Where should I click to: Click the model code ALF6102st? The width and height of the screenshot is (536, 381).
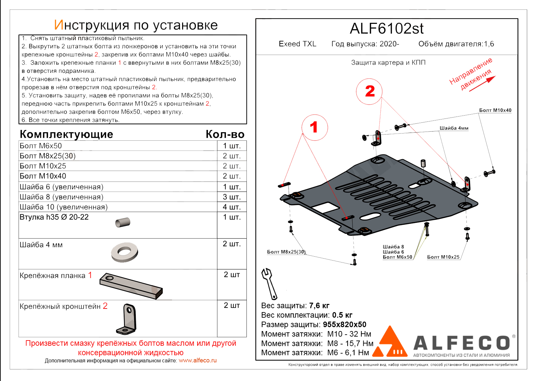click(x=386, y=29)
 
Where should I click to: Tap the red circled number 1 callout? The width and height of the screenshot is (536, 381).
click(x=314, y=127)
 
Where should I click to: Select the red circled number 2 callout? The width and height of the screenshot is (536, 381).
click(x=369, y=91)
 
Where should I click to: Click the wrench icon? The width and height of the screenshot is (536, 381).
click(x=269, y=283)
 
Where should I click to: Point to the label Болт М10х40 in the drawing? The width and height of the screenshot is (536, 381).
click(x=495, y=110)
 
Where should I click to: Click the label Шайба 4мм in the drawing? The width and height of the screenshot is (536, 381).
click(x=454, y=128)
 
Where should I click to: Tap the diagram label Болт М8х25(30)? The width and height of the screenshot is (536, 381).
click(x=286, y=252)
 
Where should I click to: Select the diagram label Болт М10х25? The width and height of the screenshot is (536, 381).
click(x=443, y=257)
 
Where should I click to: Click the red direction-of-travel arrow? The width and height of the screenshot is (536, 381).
click(x=482, y=84)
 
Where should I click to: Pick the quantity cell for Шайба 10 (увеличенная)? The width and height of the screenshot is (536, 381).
click(x=232, y=207)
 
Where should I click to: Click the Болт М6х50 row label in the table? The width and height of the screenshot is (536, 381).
click(x=41, y=146)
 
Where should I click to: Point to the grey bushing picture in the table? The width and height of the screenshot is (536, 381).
click(x=123, y=222)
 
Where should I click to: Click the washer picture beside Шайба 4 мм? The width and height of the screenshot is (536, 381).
click(x=124, y=252)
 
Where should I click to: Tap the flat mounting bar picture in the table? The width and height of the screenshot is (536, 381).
click(x=131, y=286)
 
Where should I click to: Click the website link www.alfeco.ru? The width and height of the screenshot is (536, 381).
click(x=197, y=360)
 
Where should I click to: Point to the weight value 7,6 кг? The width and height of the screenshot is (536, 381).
click(x=319, y=306)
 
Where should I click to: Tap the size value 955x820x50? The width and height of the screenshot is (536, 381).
click(x=344, y=325)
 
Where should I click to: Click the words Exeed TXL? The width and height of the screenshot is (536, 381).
click(x=297, y=44)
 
